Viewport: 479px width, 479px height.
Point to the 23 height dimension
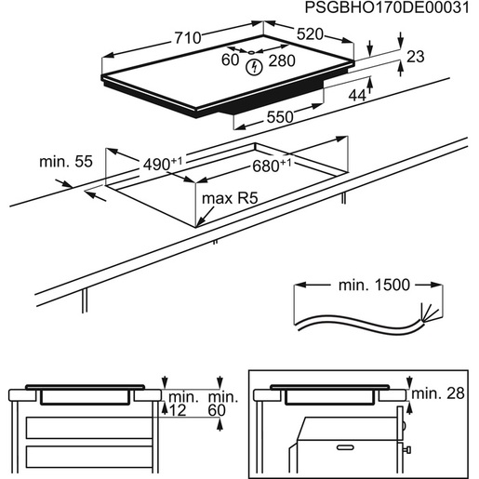point(415,57)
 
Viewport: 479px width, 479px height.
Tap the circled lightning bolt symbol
point(253,67)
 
